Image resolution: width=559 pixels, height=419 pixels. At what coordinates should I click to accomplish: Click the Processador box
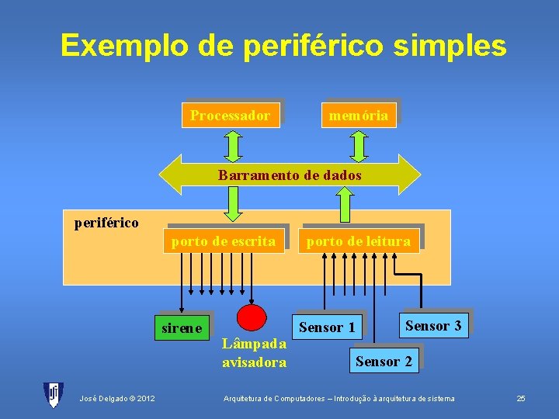click(x=231, y=116)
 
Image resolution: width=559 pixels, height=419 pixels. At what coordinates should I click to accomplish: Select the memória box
click(x=358, y=116)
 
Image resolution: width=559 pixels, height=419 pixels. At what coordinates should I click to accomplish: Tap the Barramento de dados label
click(x=290, y=175)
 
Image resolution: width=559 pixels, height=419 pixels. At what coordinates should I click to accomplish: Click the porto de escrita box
click(x=224, y=241)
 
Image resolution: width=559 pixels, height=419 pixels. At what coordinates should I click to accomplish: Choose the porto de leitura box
click(x=359, y=241)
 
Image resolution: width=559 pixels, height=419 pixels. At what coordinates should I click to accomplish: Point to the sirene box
click(x=182, y=327)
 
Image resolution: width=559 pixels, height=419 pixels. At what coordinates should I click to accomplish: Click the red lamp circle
click(x=251, y=318)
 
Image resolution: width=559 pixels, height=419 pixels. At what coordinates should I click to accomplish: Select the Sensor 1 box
click(x=327, y=327)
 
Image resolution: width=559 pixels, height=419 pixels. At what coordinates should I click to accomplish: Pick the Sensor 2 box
click(x=384, y=361)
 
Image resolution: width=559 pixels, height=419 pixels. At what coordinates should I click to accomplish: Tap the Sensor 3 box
click(x=433, y=326)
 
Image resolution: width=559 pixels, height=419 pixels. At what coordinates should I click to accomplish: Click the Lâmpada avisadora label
click(x=254, y=353)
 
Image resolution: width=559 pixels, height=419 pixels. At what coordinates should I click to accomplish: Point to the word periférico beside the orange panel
click(x=106, y=223)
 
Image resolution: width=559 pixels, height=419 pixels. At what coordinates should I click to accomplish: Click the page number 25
click(x=521, y=399)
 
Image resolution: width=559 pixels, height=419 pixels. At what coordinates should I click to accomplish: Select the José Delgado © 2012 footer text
click(x=117, y=399)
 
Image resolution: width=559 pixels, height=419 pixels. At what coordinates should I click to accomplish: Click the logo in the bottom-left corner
click(x=54, y=395)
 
